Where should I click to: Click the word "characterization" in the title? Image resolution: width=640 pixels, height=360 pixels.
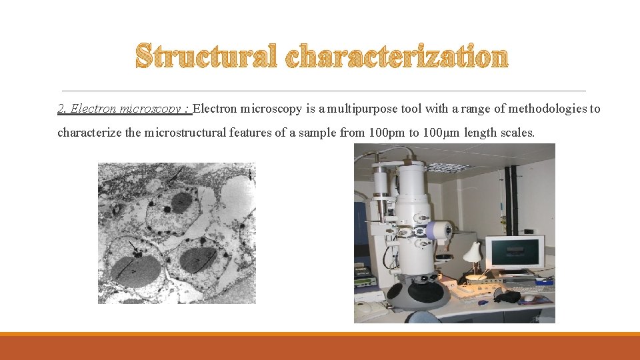tap(397, 57)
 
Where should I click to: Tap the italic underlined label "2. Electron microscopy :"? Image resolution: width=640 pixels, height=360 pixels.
tap(124, 109)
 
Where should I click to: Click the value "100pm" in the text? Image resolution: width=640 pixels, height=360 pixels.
tap(387, 132)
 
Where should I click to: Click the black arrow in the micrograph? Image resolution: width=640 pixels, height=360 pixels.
tap(135, 249)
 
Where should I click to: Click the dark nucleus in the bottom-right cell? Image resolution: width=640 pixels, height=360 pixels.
tap(199, 261)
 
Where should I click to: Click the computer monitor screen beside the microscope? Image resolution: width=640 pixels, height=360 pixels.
tap(514, 253)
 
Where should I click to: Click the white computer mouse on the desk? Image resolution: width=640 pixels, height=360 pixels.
tap(529, 298)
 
